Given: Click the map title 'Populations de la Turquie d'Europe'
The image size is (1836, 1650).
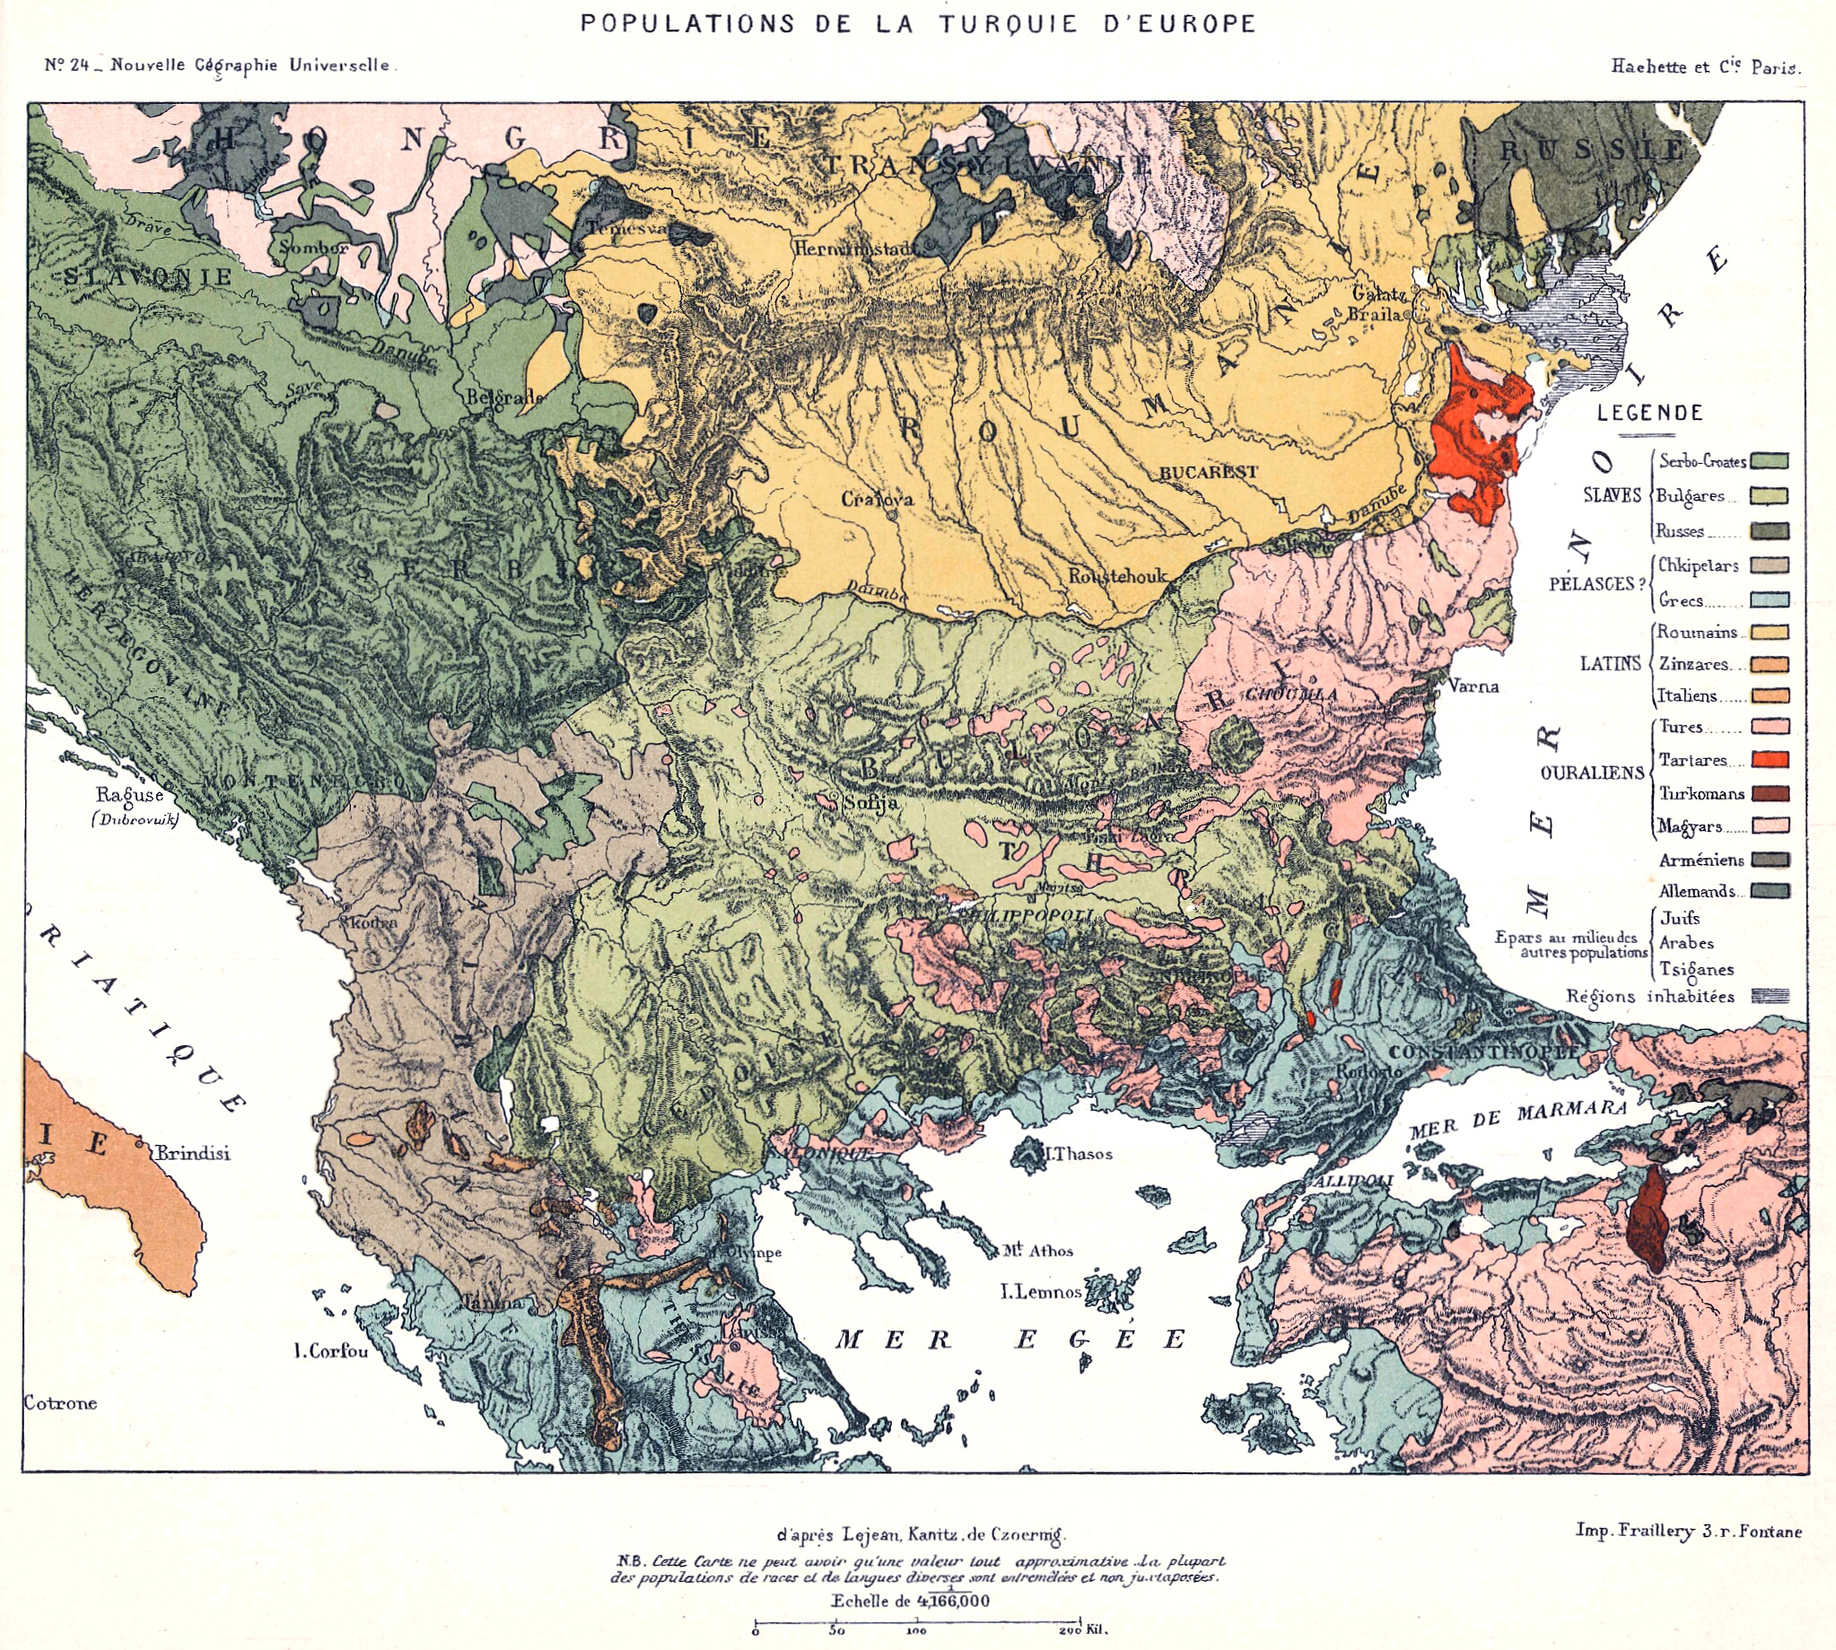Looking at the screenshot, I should coord(917,23).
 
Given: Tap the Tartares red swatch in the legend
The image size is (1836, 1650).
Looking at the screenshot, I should coord(1769,760).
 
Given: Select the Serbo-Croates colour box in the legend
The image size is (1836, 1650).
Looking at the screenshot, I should coord(1769,460).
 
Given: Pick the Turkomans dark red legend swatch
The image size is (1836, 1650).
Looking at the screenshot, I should coord(1769,793).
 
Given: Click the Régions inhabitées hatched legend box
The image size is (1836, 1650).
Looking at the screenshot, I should coord(1770,996).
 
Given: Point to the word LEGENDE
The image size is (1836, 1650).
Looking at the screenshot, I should coord(1649,414).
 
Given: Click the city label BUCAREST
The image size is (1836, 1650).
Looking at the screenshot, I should coord(1208,472).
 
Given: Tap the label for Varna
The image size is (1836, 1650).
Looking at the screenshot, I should coord(1473,686).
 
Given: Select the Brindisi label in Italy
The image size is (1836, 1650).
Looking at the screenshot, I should coord(192,1153).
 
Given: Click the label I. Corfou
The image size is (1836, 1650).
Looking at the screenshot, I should coord(331,1351).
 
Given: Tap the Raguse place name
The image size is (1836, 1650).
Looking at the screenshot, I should coord(129,795).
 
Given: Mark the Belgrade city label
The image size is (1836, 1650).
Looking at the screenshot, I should coord(503,397).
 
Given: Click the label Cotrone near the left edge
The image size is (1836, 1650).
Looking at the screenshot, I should coord(60,1402).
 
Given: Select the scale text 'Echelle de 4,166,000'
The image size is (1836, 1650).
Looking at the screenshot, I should coord(910,1601).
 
